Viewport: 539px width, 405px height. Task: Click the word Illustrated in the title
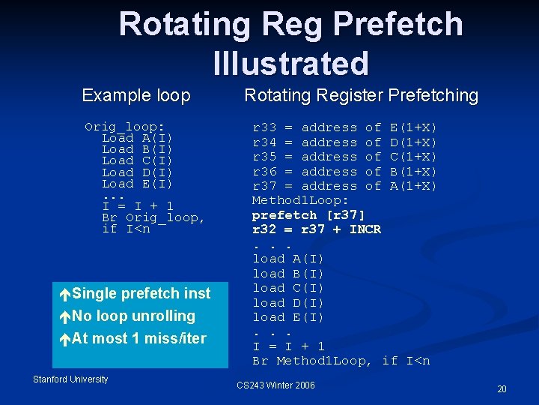point(290,63)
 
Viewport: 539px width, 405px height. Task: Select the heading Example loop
point(136,96)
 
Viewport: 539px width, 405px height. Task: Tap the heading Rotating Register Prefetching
point(361,96)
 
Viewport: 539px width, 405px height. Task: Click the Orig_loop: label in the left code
point(125,127)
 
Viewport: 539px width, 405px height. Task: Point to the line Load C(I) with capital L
point(137,160)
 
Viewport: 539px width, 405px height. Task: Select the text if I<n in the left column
point(126,229)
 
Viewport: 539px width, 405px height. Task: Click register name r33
point(264,127)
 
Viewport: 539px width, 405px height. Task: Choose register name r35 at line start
point(264,157)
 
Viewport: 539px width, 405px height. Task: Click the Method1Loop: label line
point(300,200)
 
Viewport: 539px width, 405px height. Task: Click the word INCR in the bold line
point(365,229)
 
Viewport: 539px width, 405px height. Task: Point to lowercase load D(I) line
point(288,302)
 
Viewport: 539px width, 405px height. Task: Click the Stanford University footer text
point(70,379)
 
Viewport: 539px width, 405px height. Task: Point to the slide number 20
point(502,389)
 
